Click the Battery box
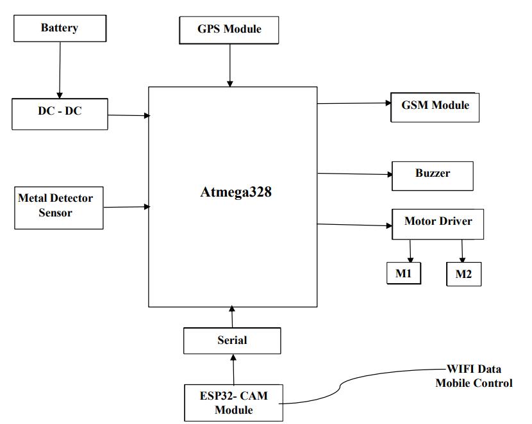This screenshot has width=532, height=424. pos(59,28)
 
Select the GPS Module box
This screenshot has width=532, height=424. pos(229,29)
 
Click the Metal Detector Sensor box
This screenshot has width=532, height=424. pos(59,206)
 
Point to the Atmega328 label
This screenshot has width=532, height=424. pos(236,192)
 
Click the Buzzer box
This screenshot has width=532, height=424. pos(433,174)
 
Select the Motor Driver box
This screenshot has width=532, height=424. pos(438,222)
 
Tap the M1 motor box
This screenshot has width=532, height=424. pos(403,273)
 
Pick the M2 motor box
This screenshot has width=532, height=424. pos(463,274)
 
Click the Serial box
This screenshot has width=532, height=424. pos(232,340)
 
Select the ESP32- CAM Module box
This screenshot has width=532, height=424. pos(233,403)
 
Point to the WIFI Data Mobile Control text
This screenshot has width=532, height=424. pos(474,377)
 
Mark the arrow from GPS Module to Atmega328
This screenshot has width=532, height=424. pos(229,65)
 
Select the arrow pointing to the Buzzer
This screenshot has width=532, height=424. pos(354,174)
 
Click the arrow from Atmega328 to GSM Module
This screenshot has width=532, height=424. pos(354,103)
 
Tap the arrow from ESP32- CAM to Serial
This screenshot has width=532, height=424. pos(233,369)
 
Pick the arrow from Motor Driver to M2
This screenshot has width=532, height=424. pos(462,251)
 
